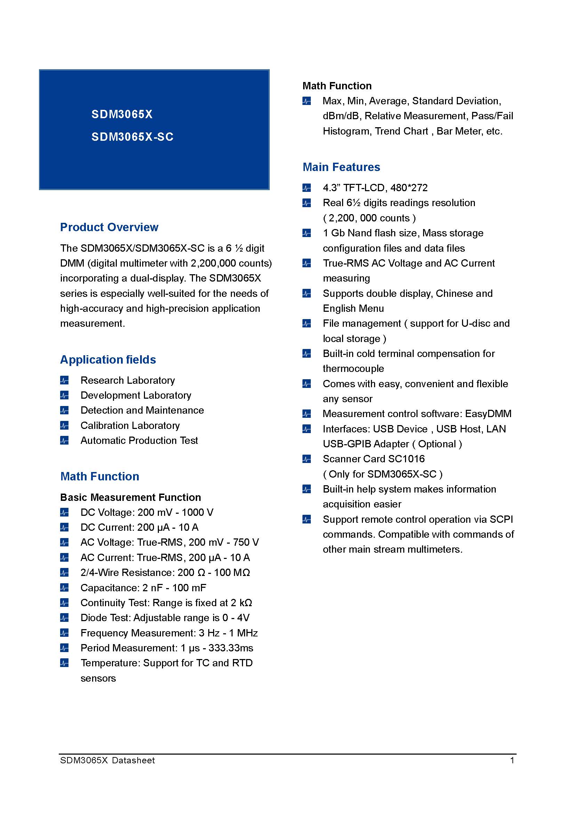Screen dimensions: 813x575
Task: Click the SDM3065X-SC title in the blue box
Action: (x=132, y=137)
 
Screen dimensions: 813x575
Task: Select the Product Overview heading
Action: (x=109, y=227)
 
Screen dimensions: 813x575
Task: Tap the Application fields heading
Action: (x=108, y=360)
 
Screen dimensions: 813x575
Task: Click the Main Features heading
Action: (x=341, y=167)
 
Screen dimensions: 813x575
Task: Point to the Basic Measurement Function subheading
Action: (x=130, y=497)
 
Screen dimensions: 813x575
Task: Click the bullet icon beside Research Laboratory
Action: (x=64, y=381)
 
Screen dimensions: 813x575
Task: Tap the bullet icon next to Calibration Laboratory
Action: (x=64, y=426)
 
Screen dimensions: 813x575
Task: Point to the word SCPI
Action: (x=501, y=519)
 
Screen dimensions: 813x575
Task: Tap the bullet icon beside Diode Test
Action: (x=64, y=618)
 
